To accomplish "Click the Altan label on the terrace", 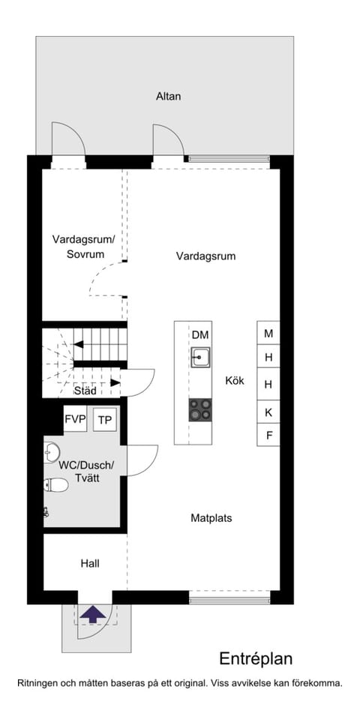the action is tap(169, 97).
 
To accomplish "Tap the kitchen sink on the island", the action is tap(200, 357).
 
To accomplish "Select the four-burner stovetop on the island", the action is tap(200, 410).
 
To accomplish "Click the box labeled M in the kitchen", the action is tap(268, 333).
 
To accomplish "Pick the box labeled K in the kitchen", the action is tap(268, 412).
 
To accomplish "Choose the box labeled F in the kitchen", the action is tap(268, 435).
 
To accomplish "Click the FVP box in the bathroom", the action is tap(75, 419).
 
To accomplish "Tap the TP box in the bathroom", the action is tap(105, 420).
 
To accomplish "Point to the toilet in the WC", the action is tap(55, 485).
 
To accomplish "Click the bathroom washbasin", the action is tap(52, 452).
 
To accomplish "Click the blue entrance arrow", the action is tap(93, 615).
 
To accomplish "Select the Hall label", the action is tap(90, 564).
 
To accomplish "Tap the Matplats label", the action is tap(211, 518).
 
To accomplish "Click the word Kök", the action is tap(235, 381).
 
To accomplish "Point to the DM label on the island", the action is tap(200, 335).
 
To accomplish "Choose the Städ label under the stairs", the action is tap(85, 391).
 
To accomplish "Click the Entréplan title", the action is tap(256, 658).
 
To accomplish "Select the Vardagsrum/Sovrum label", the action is tap(83, 247).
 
